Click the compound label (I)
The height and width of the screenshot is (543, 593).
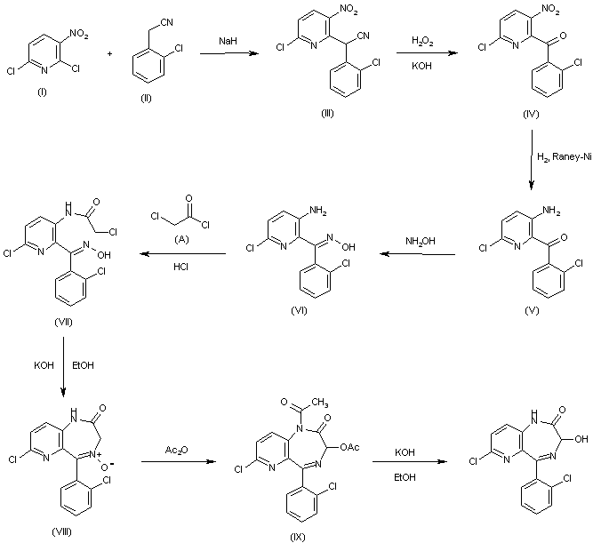click(42, 92)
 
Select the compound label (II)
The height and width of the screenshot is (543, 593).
click(146, 99)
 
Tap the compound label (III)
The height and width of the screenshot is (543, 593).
click(327, 114)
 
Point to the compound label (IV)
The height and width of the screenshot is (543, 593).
click(531, 115)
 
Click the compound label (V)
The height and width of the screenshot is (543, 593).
click(532, 311)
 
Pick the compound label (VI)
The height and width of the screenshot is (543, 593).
click(299, 311)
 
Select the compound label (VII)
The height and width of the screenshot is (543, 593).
click(63, 323)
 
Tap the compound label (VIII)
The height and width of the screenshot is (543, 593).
click(61, 531)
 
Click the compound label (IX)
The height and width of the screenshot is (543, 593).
click(297, 537)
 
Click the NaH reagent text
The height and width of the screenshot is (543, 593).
click(228, 41)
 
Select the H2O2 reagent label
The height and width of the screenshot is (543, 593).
click(422, 41)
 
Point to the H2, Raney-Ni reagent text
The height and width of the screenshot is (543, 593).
click(565, 157)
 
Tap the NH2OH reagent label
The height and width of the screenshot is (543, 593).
click(421, 241)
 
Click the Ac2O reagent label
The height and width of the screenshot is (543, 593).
click(177, 450)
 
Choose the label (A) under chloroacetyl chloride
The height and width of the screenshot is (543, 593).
click(181, 239)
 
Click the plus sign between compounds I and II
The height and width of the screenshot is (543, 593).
click(109, 54)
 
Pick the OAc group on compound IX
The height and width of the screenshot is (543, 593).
click(349, 448)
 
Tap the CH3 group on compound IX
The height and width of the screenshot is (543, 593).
click(320, 402)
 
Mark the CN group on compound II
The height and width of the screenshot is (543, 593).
click(167, 23)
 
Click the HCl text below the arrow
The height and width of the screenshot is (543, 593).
click(180, 267)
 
